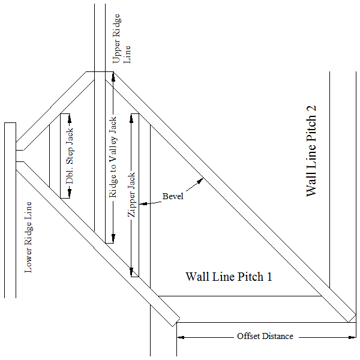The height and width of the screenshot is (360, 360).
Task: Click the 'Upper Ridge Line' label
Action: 121,38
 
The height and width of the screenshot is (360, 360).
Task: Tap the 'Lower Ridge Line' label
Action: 28,238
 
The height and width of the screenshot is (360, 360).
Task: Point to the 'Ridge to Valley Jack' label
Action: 113,157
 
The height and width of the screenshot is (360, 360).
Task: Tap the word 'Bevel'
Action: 173,196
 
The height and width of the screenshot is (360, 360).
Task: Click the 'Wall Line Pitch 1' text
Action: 229,277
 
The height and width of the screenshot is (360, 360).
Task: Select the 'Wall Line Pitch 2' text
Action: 311,151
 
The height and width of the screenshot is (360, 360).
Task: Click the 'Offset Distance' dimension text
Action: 265,336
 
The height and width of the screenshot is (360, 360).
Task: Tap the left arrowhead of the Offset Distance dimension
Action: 181,337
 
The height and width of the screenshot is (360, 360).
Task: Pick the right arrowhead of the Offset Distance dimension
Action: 352,337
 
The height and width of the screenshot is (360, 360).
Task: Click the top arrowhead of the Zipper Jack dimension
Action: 131,118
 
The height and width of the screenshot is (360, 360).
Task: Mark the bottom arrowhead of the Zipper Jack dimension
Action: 131,272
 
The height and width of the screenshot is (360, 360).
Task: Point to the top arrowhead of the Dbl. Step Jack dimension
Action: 70,118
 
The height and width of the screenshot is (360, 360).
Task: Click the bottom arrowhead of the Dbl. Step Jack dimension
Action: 70,193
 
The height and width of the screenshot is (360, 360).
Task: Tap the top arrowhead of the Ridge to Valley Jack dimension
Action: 113,76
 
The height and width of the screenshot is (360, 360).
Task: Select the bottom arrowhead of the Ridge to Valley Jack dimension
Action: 113,238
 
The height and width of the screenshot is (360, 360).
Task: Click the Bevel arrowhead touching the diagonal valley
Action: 200,181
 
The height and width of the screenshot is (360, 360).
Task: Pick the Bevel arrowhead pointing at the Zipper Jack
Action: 143,203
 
